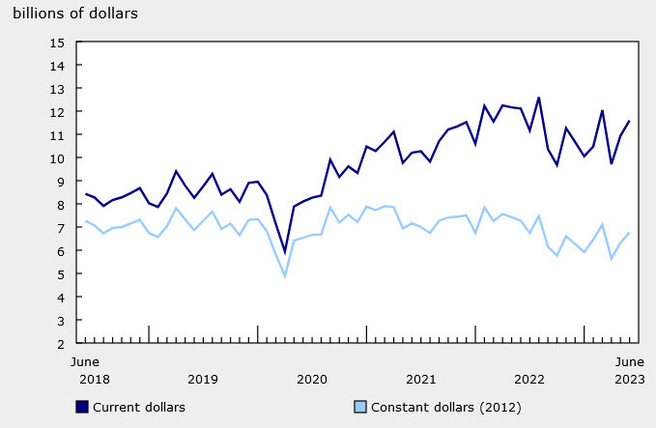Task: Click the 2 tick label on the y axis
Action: (61, 343)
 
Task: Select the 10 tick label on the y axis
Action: (58, 158)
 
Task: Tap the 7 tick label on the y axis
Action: (61, 228)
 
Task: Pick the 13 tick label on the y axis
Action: (58, 89)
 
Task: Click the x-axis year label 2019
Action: (202, 380)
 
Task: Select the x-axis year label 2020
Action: (311, 380)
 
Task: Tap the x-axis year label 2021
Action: (420, 380)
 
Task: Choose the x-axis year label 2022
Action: (529, 380)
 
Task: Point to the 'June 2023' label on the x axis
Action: (630, 371)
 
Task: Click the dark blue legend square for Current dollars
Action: (82, 407)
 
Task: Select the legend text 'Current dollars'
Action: (138, 407)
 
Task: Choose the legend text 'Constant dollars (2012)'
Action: (442, 407)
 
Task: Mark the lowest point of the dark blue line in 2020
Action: (284, 252)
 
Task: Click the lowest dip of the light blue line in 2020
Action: (284, 276)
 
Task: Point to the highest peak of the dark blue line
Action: (538, 98)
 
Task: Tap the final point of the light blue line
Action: (630, 232)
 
